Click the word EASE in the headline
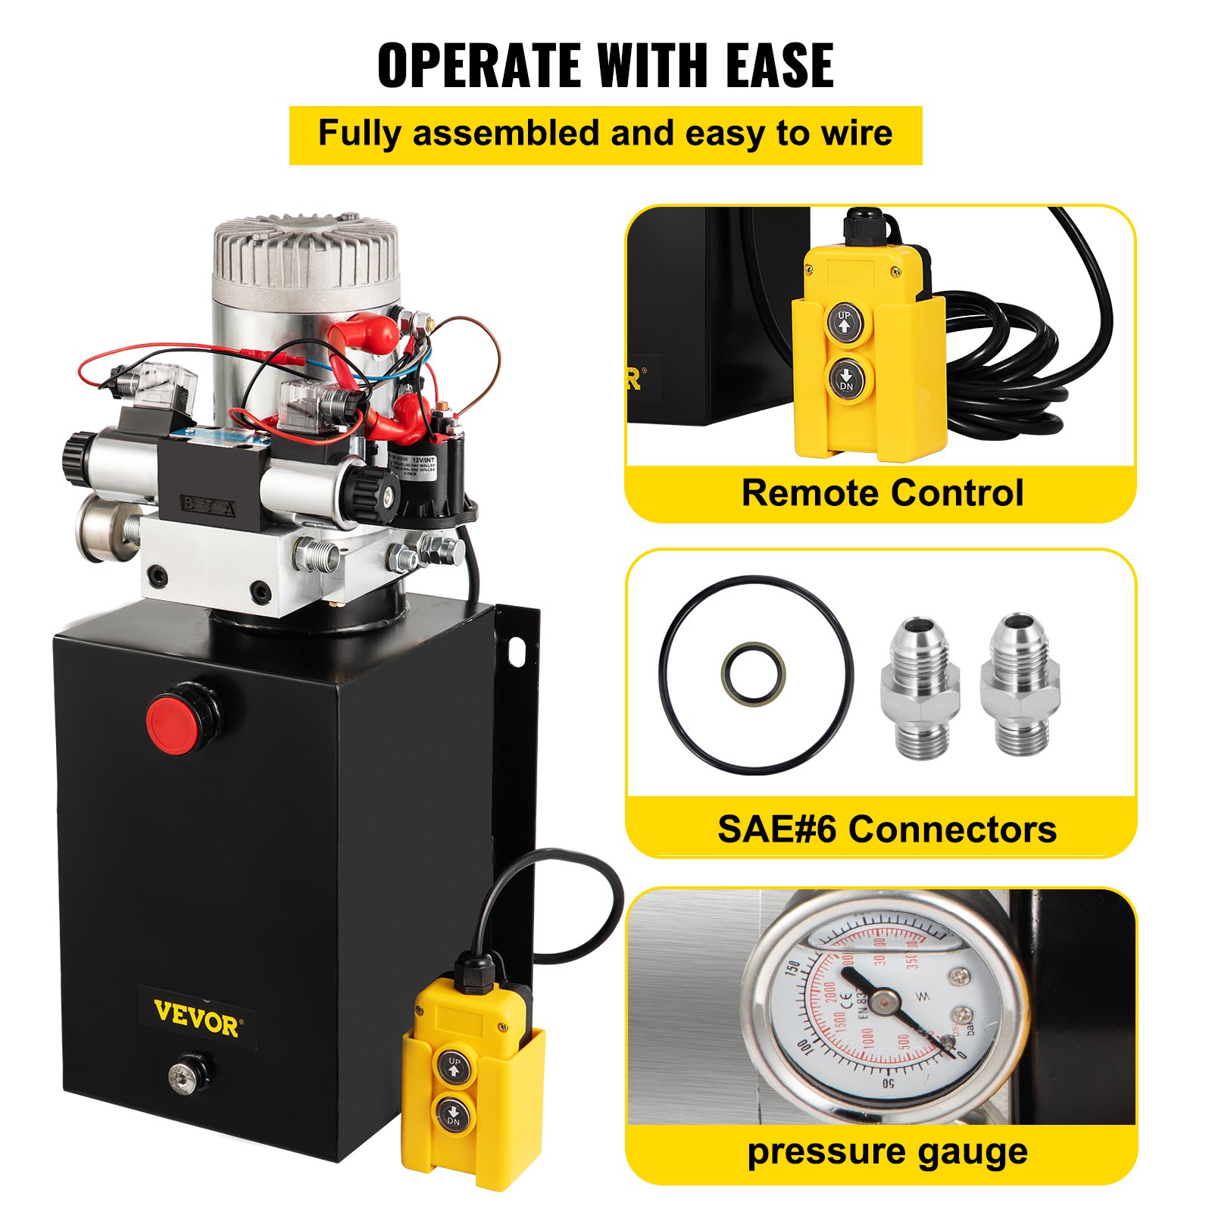point(779,66)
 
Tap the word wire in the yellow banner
point(853,133)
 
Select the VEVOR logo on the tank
point(196,1017)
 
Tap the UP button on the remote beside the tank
point(454,1067)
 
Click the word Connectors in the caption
point(952,829)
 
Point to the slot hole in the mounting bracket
point(517,651)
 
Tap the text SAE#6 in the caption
point(776,829)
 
